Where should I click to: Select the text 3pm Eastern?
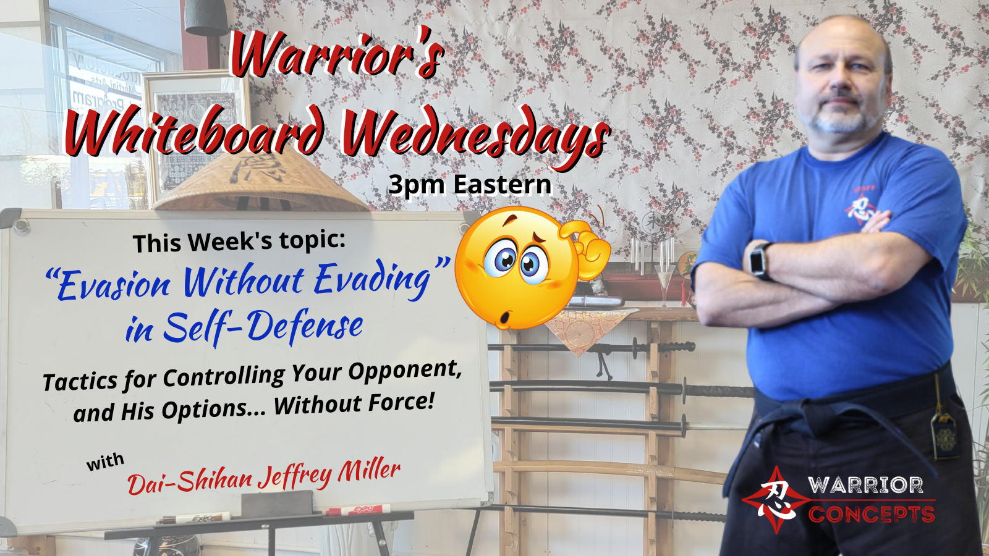pyautogui.click(x=470, y=185)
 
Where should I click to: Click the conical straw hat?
pyautogui.click(x=260, y=181)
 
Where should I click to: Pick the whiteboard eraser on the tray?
pyautogui.click(x=276, y=503)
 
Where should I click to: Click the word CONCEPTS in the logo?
pyautogui.click(x=872, y=514)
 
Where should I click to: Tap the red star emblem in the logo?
pyautogui.click(x=775, y=500)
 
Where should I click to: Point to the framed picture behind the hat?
pyautogui.click(x=194, y=132)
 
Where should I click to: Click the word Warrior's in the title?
pyautogui.click(x=336, y=55)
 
